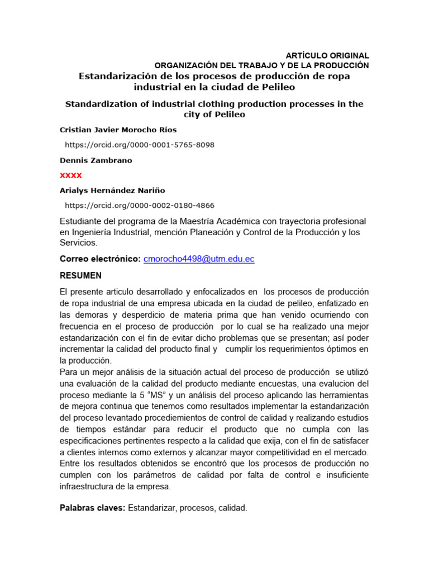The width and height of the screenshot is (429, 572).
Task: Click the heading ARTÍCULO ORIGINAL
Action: click(x=327, y=55)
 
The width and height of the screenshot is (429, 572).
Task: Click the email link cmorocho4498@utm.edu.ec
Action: click(x=199, y=259)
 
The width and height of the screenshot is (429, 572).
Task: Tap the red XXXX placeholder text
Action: click(x=71, y=175)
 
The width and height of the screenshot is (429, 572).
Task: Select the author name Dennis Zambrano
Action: click(x=96, y=160)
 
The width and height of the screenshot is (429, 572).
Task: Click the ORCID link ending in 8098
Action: click(x=140, y=145)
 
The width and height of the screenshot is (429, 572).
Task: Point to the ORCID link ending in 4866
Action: click(x=140, y=206)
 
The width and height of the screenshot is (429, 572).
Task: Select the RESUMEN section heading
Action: click(x=81, y=276)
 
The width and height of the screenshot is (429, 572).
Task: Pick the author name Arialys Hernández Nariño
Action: click(x=112, y=190)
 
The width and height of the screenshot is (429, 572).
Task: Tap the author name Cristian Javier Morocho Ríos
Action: click(x=118, y=130)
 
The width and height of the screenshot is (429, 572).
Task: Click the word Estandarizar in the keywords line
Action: click(x=152, y=508)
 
